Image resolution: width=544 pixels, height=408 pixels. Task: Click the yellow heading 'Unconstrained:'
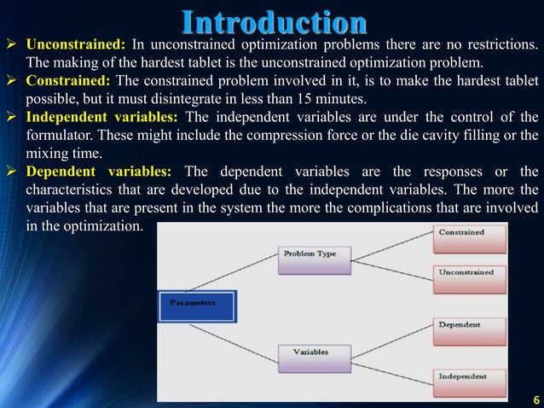[77, 44]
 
